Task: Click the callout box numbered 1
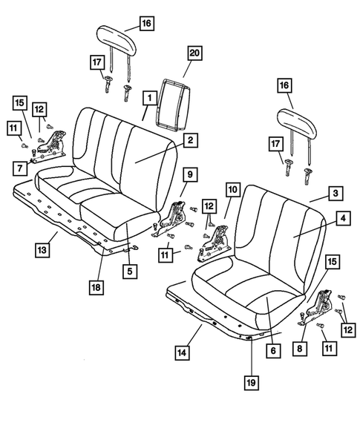[149, 97]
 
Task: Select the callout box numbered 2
[191, 139]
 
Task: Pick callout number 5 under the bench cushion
[129, 272]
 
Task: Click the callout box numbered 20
[194, 53]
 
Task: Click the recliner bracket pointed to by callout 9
[176, 218]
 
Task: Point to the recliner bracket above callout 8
[324, 308]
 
